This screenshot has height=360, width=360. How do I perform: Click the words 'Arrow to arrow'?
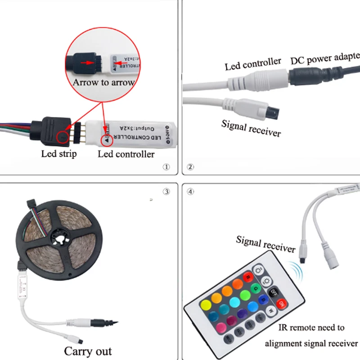tap(103, 82)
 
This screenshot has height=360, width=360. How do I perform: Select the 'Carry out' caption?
tap(88, 351)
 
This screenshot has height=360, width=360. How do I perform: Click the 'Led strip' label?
tap(59, 153)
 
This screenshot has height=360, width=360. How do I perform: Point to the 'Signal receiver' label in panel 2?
tap(251, 127)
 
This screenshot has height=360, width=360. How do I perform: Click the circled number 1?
tap(166, 167)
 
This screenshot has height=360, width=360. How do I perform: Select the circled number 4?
tap(191, 191)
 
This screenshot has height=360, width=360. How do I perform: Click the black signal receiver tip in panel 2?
tap(271, 109)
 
